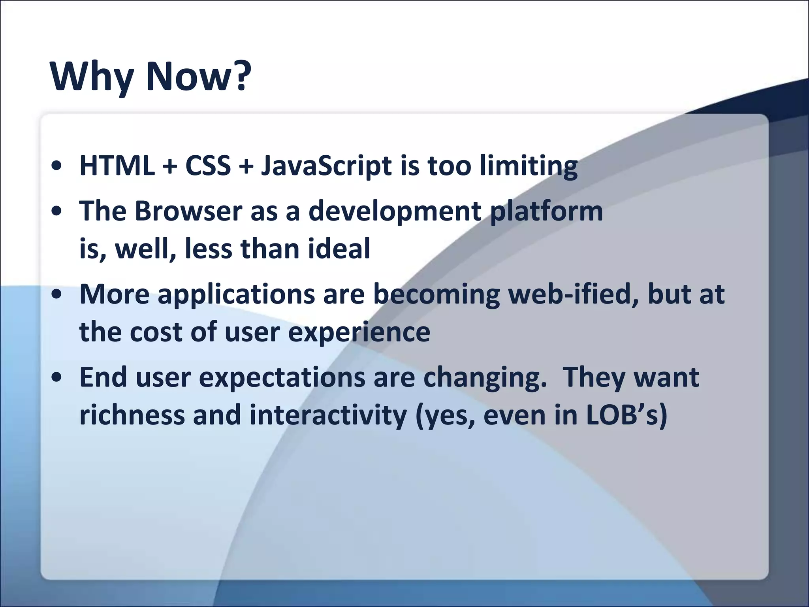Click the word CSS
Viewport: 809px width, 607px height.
(x=208, y=166)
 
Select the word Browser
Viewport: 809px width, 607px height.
(x=188, y=211)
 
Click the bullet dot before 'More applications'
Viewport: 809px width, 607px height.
(x=58, y=295)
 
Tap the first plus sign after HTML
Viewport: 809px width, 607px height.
(x=170, y=166)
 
